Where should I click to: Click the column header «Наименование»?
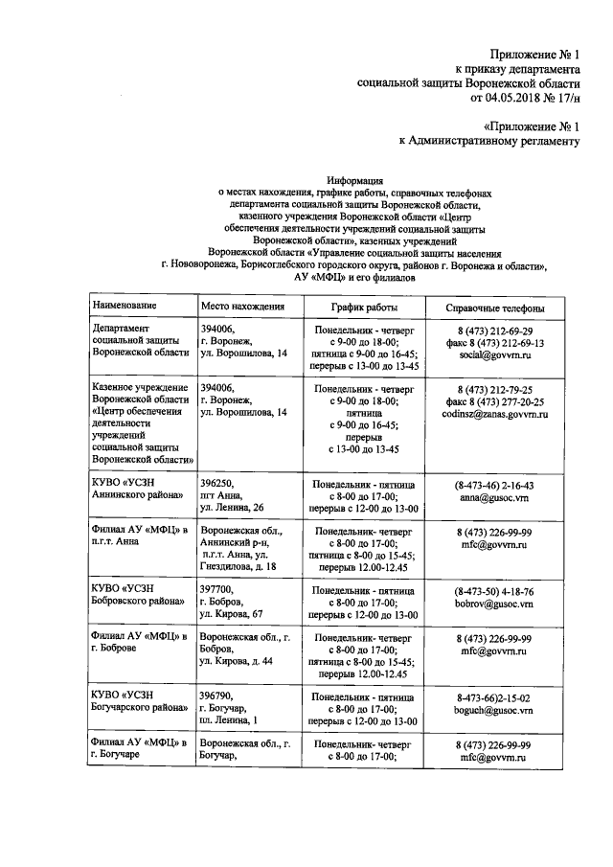click(125, 308)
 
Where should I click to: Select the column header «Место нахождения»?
click(243, 308)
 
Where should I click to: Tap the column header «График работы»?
click(364, 308)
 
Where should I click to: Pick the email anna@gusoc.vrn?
click(494, 498)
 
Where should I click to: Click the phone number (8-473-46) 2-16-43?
click(494, 486)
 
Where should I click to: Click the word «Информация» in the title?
click(354, 179)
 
